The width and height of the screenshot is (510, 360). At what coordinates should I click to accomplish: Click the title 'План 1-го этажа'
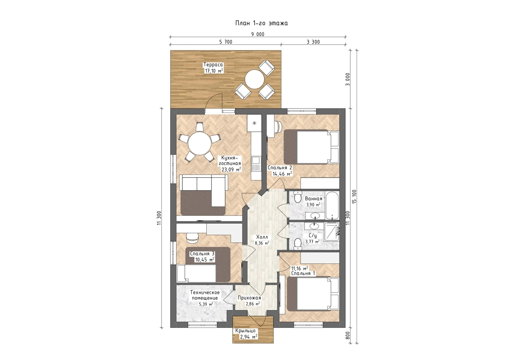(x=261, y=24)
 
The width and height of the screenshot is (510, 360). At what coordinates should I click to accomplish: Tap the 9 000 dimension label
(x=258, y=34)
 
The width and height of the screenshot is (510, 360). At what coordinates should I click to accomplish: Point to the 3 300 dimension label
(x=313, y=42)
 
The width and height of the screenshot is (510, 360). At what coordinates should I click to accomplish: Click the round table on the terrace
(x=255, y=79)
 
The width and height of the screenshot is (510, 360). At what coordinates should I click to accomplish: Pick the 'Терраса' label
(x=213, y=65)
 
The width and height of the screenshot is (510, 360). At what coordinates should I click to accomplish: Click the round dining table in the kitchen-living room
(x=199, y=144)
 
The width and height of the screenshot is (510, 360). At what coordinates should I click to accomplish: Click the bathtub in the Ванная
(x=332, y=206)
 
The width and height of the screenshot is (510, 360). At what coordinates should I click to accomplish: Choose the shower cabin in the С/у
(x=331, y=232)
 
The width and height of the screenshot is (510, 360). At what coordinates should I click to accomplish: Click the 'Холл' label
(x=262, y=237)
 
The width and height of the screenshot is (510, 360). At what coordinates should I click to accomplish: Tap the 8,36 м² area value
(x=262, y=243)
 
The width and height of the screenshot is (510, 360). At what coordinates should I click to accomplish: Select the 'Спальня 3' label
(x=202, y=253)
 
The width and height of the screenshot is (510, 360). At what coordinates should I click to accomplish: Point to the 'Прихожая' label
(x=249, y=298)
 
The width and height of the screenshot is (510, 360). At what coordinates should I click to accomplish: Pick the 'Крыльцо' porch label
(x=246, y=331)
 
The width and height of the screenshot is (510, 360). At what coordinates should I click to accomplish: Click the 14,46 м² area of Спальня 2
(x=282, y=174)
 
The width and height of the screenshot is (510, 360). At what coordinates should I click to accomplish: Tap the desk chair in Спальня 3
(x=192, y=237)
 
